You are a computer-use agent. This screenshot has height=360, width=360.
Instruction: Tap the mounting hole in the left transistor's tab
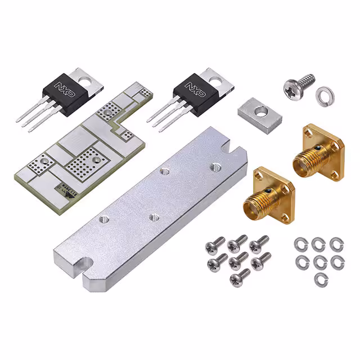(85, 80)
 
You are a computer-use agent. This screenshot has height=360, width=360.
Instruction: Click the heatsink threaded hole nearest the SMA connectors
(214, 166)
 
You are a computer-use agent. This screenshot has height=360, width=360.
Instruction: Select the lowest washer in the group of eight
(319, 278)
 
